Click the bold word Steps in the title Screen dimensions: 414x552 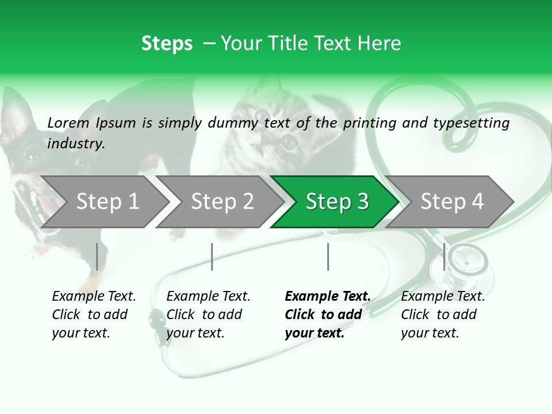(167, 44)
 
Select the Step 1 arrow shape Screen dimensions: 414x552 (103, 202)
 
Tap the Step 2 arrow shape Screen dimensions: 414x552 (221, 202)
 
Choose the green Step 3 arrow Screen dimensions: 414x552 (336, 202)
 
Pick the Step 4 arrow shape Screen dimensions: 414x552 (451, 202)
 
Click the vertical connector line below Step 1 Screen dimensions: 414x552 (97, 256)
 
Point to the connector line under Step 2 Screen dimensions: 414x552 (212, 256)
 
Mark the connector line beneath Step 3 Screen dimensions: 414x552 (328, 256)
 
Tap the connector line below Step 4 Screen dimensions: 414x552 (444, 256)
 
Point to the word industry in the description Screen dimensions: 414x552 (75, 143)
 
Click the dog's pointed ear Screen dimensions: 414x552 (14, 115)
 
